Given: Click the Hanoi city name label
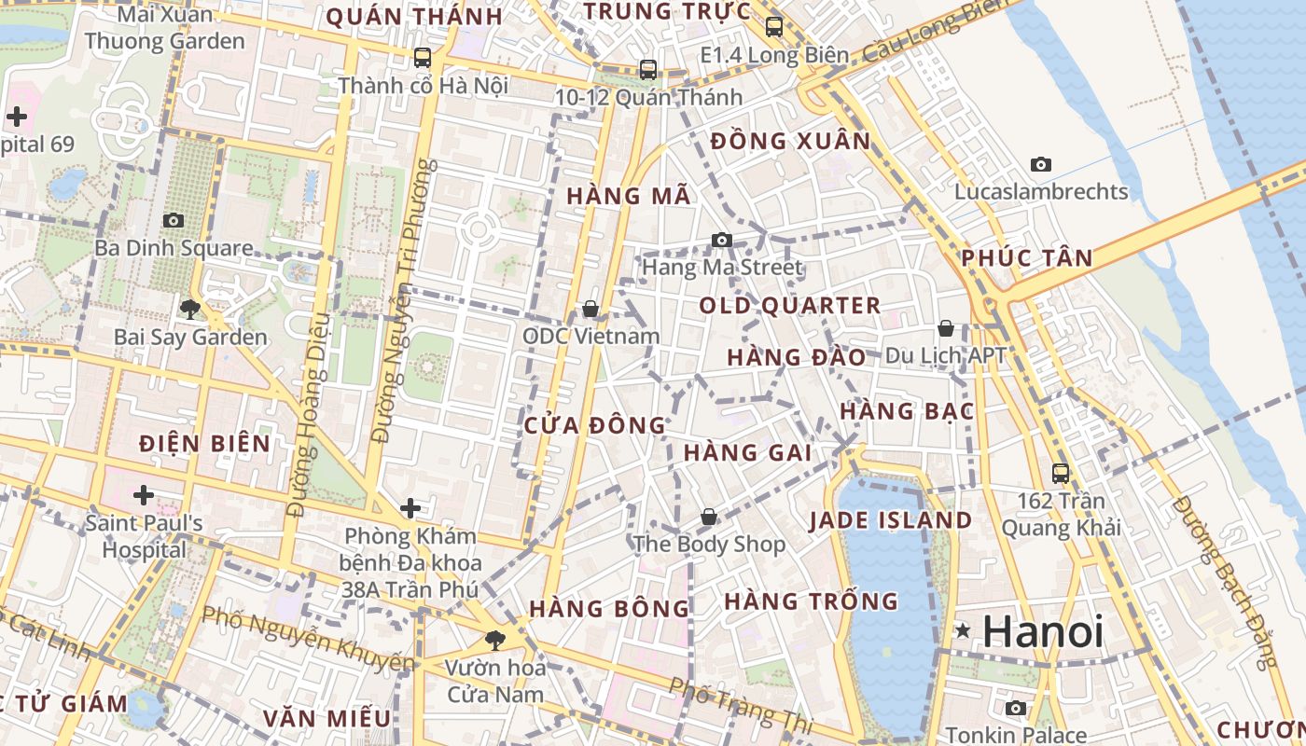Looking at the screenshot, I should pyautogui.click(x=1043, y=631).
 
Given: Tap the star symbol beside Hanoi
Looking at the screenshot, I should pyautogui.click(x=963, y=631).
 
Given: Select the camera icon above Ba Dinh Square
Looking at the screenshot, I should pyautogui.click(x=174, y=221).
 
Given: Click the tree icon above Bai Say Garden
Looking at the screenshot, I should pyautogui.click(x=190, y=309).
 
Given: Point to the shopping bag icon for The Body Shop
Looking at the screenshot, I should pyautogui.click(x=709, y=516).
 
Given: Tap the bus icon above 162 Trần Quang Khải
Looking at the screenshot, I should pyautogui.click(x=1060, y=473).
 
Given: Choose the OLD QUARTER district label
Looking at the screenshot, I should pyautogui.click(x=789, y=306).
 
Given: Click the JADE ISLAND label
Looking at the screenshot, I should pyautogui.click(x=890, y=520).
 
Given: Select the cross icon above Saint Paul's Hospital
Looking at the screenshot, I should pyautogui.click(x=143, y=494).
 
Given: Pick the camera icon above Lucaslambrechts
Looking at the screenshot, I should pyautogui.click(x=1041, y=165).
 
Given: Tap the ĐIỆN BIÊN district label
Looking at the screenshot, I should pyautogui.click(x=205, y=444).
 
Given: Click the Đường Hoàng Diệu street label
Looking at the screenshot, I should pyautogui.click(x=311, y=415).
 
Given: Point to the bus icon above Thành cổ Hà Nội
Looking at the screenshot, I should pyautogui.click(x=423, y=58).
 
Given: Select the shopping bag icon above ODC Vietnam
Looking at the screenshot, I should pyautogui.click(x=590, y=309).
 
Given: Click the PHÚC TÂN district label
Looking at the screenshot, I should pyautogui.click(x=1026, y=258).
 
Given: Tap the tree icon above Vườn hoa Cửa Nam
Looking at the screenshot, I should pyautogui.click(x=494, y=640).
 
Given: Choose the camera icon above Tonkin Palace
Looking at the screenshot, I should pyautogui.click(x=1017, y=708).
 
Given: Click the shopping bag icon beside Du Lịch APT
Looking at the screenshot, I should pyautogui.click(x=946, y=328).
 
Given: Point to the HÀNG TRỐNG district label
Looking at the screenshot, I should pyautogui.click(x=811, y=601).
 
